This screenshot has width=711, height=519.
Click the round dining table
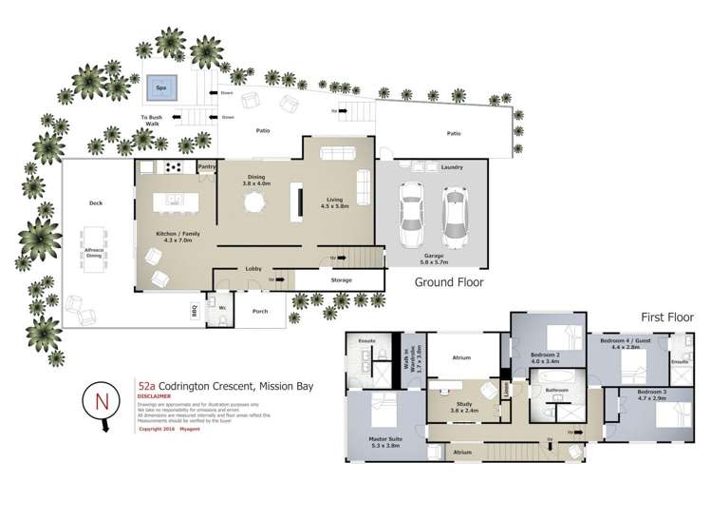pos(253,202)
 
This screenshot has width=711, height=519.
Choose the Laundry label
pos(453,167)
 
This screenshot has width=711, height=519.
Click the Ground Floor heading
pos(449,282)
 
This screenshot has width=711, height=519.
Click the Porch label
pos(260,311)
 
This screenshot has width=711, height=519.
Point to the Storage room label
pos(341,279)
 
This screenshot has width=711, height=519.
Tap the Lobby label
pos(253,269)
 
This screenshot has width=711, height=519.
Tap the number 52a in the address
pos(146,387)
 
